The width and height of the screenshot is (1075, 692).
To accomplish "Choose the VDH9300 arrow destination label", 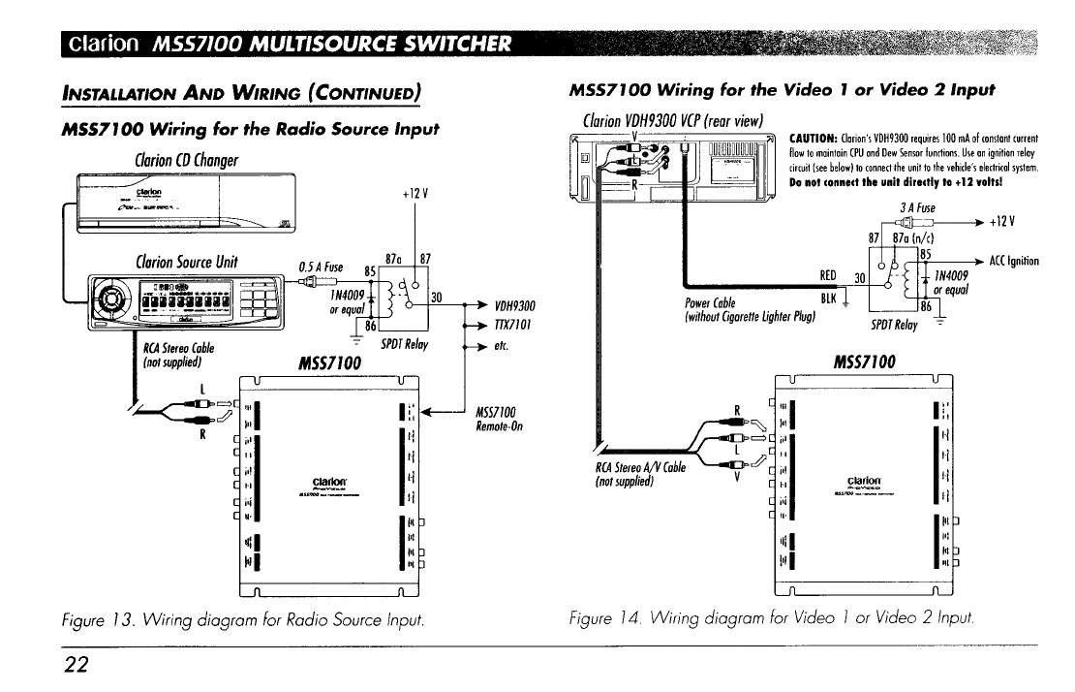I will [516, 303].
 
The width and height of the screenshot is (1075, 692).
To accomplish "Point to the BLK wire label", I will [828, 299].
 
